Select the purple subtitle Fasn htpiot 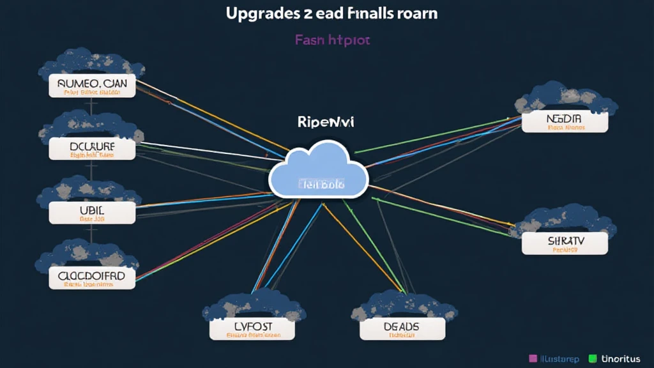click(332, 40)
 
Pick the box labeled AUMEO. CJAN click(93, 86)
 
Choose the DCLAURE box click(93, 149)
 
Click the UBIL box click(93, 212)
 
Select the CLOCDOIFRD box click(93, 277)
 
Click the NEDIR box click(565, 121)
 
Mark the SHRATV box click(565, 243)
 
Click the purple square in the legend click(533, 359)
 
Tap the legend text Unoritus click(620, 359)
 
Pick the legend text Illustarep click(560, 359)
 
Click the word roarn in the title click(415, 13)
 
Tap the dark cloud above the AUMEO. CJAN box click(91, 63)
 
